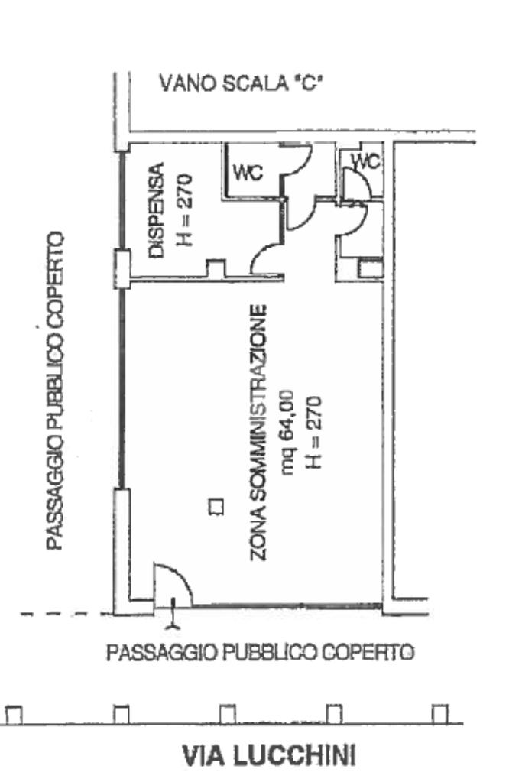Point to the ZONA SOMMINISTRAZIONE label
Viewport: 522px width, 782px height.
point(260,432)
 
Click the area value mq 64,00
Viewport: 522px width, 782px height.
point(288,432)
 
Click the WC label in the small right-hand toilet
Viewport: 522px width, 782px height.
point(365,162)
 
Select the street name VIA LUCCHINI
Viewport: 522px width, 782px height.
point(269,756)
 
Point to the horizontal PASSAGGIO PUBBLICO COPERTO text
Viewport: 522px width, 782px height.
point(260,653)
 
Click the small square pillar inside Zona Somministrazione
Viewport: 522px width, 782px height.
point(216,506)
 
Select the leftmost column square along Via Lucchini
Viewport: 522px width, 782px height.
point(14,715)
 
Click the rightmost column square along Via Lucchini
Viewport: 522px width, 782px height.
point(439,715)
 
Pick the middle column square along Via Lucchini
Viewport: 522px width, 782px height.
point(228,715)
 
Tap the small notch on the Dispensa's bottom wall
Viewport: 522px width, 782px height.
point(216,268)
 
